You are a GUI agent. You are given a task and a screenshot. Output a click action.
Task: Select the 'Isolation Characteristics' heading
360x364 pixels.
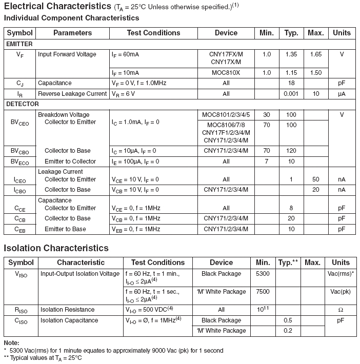point(56,248)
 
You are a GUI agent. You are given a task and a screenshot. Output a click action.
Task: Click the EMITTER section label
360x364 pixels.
point(19,44)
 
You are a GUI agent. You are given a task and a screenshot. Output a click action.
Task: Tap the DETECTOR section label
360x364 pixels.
point(23,104)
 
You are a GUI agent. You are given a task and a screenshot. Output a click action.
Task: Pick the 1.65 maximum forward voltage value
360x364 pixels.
point(315,54)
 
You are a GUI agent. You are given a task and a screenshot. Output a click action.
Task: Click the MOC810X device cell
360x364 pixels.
point(226,73)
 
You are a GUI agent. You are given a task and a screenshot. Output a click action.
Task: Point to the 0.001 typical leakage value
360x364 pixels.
point(291,94)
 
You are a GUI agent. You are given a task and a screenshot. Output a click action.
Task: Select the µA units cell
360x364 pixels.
point(342,94)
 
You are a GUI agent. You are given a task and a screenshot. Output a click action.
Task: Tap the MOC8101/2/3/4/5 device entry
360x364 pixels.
point(226,115)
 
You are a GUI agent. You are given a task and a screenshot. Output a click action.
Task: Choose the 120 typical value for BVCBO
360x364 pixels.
point(291,151)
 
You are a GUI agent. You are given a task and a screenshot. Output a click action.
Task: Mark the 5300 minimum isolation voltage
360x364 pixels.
point(263,274)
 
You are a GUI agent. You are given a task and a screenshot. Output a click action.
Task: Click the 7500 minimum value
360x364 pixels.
point(263,292)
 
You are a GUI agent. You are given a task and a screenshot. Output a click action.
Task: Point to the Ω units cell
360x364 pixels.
point(341,310)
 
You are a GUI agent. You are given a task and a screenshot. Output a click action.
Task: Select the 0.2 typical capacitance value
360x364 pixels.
point(288,331)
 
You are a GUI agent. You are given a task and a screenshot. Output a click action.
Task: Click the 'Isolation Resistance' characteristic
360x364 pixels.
point(67,310)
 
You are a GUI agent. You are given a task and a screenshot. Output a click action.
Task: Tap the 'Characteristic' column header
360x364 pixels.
point(81,262)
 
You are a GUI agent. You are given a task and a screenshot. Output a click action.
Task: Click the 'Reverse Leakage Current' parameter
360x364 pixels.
point(72,94)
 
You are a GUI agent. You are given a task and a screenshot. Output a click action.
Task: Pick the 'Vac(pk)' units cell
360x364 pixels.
point(341,292)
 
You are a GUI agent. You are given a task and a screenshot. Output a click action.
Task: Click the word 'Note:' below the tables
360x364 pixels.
point(11,342)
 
